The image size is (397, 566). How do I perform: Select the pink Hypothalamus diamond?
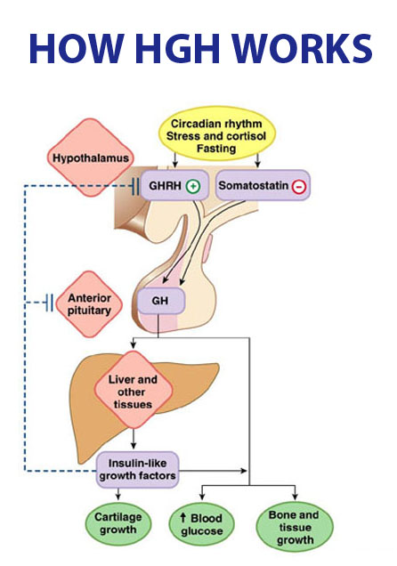coord(91,158)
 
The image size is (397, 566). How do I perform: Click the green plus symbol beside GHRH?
coord(193,186)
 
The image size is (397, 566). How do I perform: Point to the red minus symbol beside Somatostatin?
coord(299,187)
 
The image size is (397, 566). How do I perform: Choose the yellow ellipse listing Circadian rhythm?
coord(216,133)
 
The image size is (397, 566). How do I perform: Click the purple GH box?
coord(161,301)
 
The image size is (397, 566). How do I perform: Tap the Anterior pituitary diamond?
coord(90,304)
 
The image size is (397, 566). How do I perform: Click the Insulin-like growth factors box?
coord(137,469)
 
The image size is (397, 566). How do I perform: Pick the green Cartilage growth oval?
coord(118,523)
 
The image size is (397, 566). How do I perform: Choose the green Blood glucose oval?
coord(202,524)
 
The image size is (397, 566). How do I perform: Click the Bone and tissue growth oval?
coord(295,527)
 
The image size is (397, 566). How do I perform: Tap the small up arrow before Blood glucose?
coord(183,518)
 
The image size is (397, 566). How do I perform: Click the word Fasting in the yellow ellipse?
coord(216,149)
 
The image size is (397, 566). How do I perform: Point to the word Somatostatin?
coord(254,185)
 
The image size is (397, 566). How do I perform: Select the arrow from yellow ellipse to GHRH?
coord(175,160)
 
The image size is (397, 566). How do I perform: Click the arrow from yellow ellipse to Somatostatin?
coord(257,160)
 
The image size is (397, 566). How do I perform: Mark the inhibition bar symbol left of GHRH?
coord(135,186)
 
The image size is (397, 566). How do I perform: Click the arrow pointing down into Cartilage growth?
coord(118,494)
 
